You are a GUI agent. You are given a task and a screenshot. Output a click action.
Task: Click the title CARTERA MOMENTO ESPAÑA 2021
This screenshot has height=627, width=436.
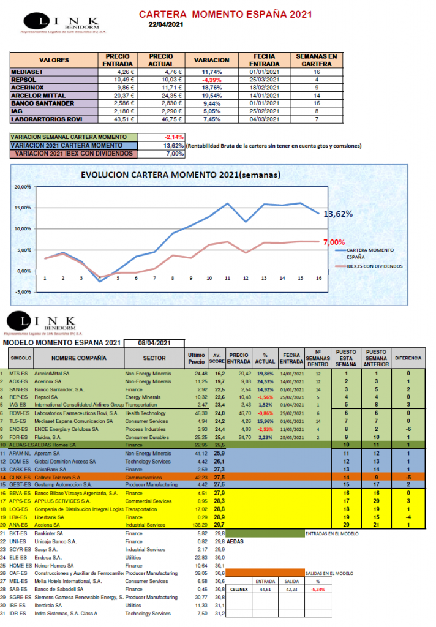coord(225,14)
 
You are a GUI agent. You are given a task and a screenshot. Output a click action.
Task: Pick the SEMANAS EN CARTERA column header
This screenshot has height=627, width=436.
coord(316,60)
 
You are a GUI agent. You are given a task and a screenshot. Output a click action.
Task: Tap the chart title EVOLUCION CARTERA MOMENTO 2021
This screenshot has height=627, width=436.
coord(180,175)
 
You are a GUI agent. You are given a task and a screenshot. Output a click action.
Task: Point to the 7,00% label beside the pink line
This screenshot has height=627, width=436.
coord(334,242)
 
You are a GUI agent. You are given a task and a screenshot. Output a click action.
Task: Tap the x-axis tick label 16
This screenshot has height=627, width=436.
coord(318,277)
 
